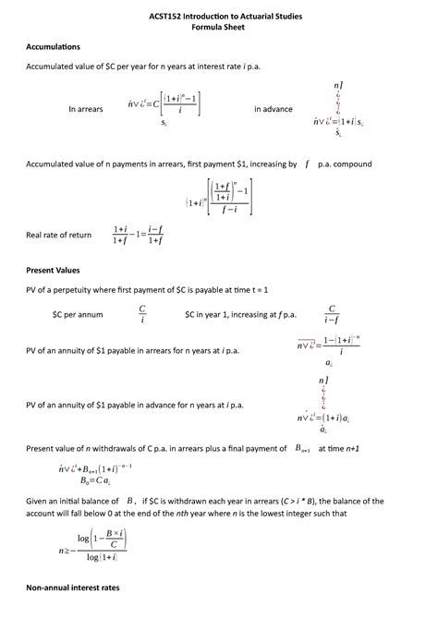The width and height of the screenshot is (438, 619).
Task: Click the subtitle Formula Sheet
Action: click(x=218, y=28)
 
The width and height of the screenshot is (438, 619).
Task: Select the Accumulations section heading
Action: click(x=54, y=46)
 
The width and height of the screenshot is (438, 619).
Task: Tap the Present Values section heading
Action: click(x=54, y=270)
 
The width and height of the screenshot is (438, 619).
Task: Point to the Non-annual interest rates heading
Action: click(x=73, y=588)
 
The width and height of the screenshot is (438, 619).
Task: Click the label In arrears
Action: click(x=86, y=109)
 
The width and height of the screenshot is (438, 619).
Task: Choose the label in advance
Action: click(x=274, y=109)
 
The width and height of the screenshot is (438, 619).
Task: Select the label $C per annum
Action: click(x=79, y=315)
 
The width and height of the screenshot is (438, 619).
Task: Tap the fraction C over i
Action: click(x=142, y=314)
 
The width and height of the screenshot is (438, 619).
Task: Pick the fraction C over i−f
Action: click(x=331, y=314)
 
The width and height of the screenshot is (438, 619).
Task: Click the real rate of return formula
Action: click(x=139, y=236)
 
